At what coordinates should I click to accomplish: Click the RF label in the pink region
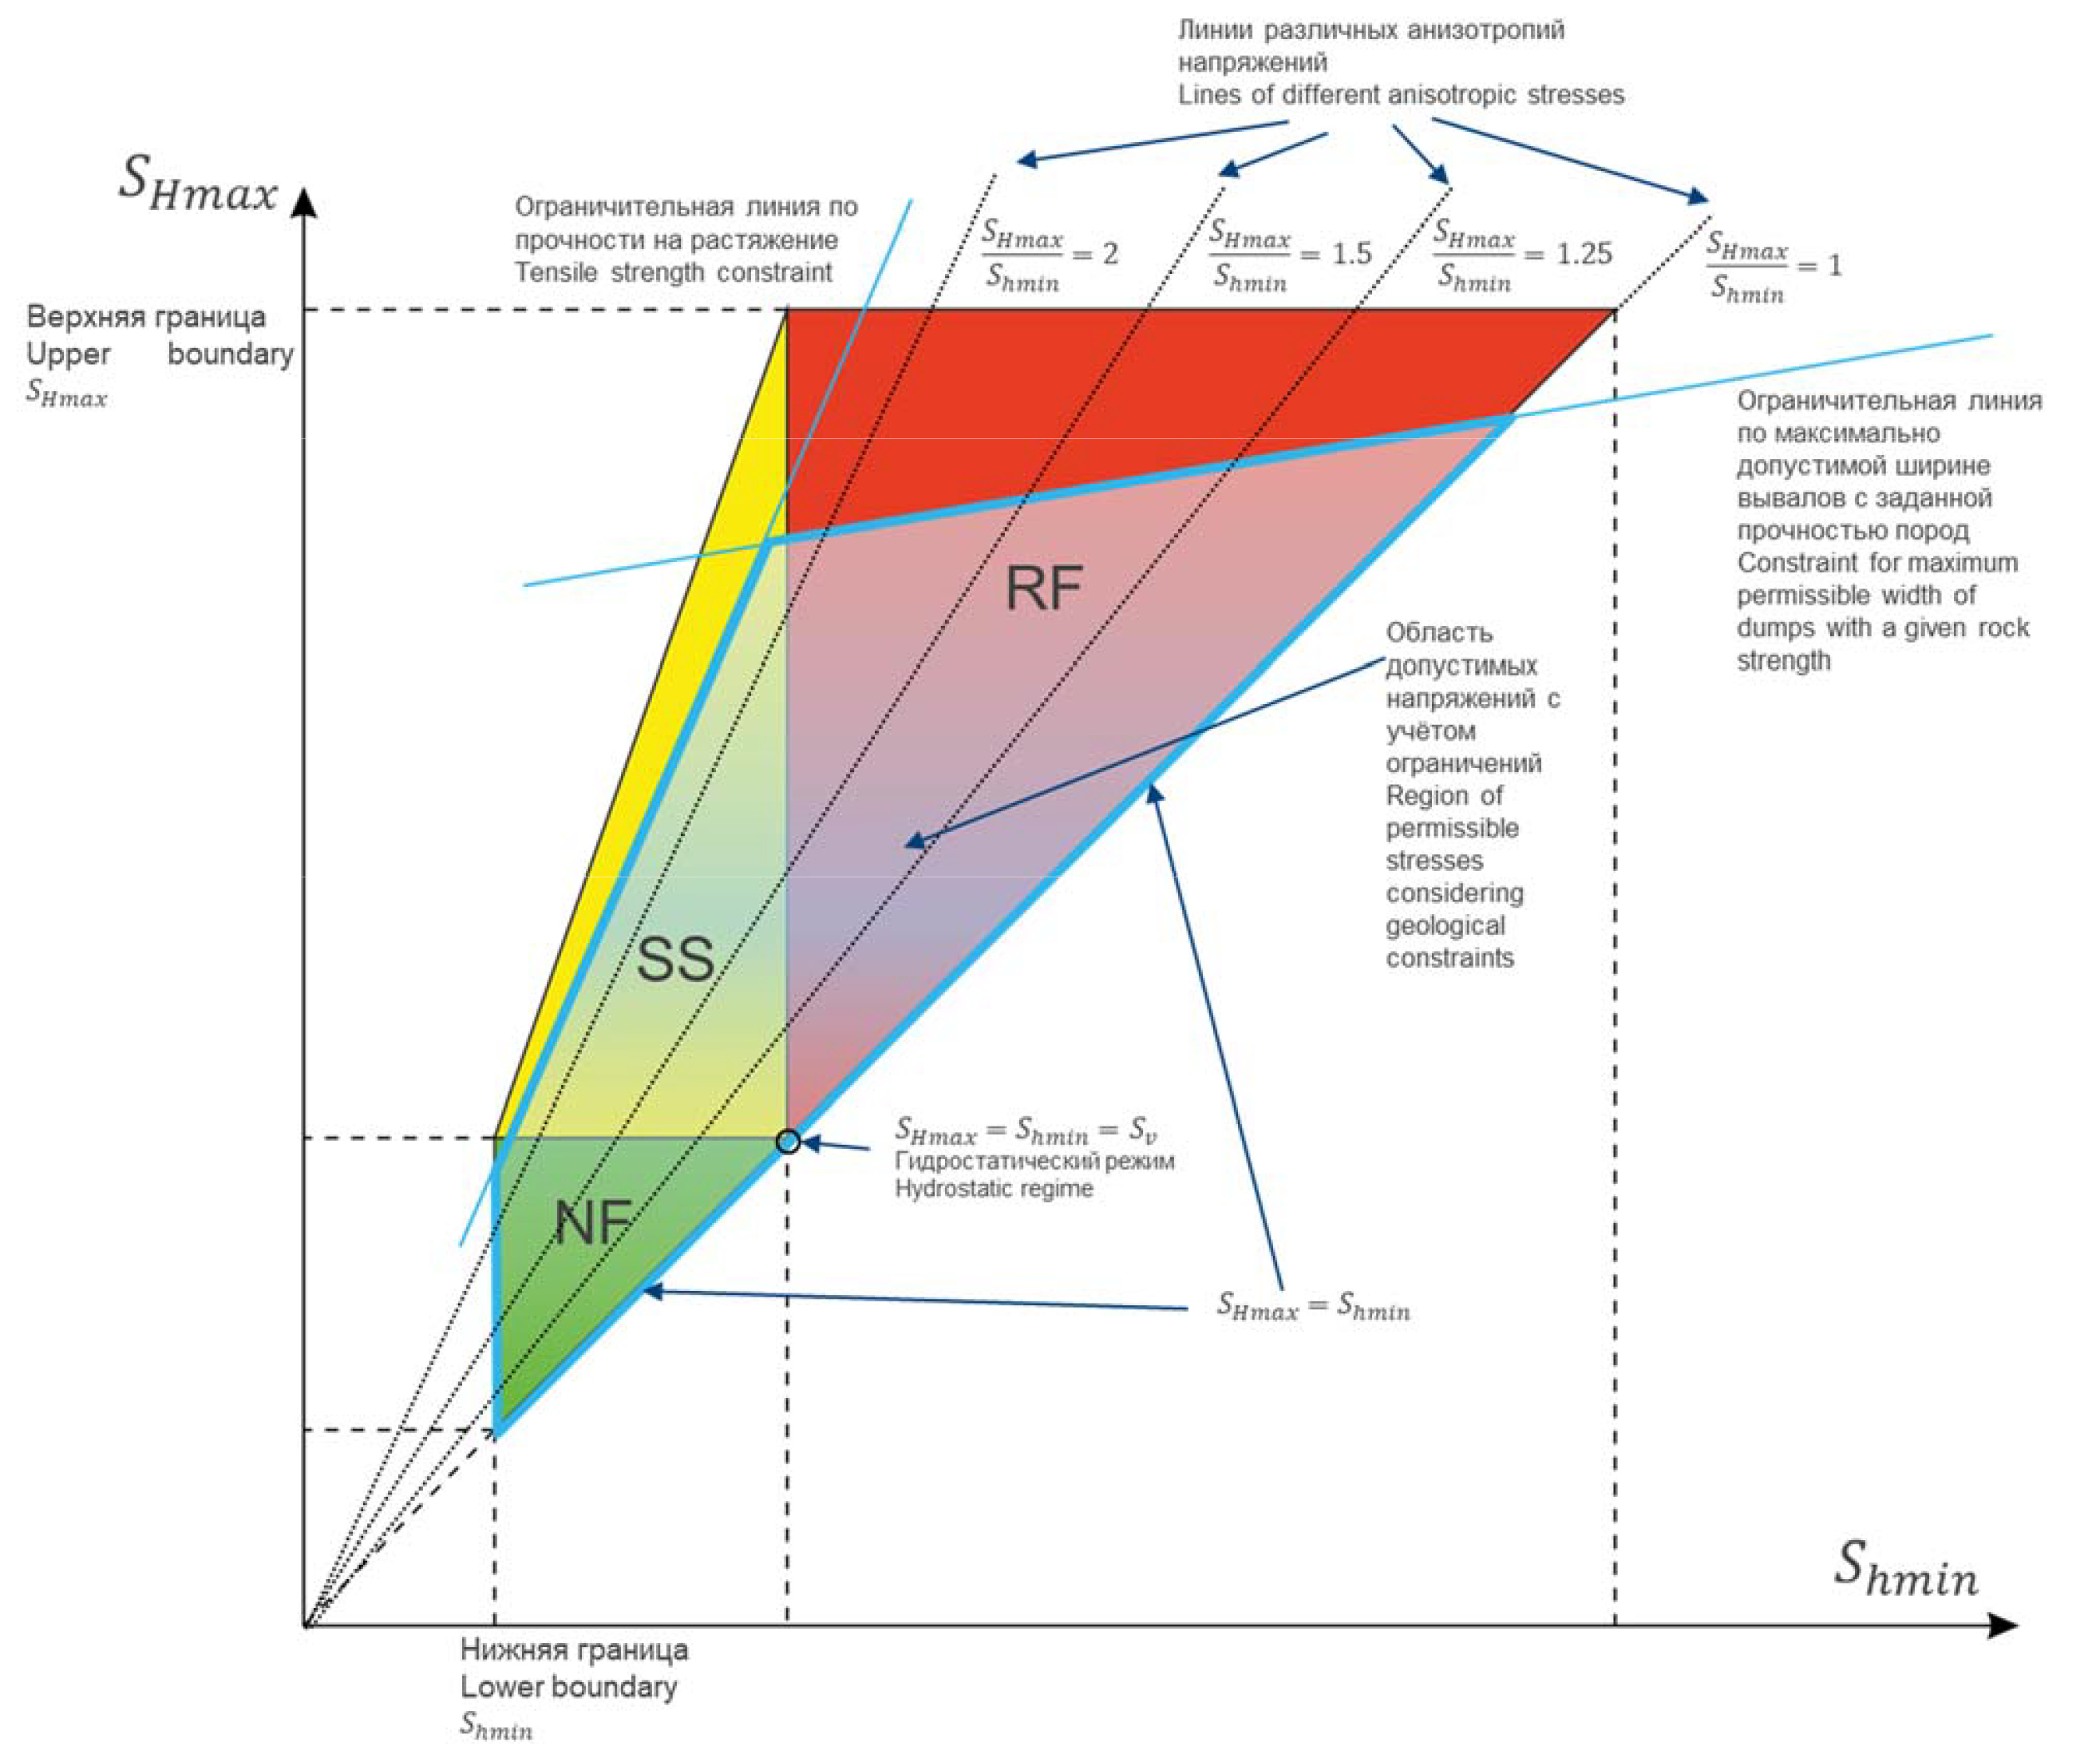coord(1043,588)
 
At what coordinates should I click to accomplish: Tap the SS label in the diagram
coord(675,959)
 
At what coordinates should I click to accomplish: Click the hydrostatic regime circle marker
coord(788,1141)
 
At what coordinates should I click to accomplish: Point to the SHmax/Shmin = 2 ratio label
coord(1049,255)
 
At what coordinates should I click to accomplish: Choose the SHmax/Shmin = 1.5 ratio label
coord(1290,255)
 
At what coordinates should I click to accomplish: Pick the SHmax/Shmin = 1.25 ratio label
coord(1521,255)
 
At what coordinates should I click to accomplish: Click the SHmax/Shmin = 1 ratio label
coord(1774,267)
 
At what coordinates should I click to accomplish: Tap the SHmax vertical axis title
coord(198,184)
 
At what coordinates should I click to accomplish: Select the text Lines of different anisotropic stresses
coord(1400,96)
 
